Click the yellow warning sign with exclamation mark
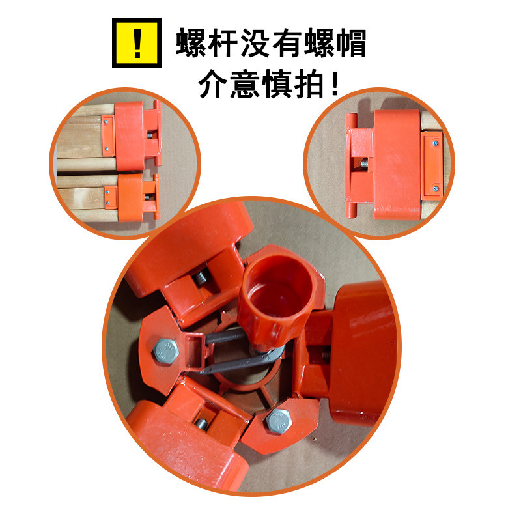click(136, 43)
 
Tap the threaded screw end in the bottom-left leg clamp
click(202, 424)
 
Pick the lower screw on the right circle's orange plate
click(434, 188)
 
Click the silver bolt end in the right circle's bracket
click(362, 165)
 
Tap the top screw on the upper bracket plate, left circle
click(106, 119)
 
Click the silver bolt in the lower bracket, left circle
click(148, 195)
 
